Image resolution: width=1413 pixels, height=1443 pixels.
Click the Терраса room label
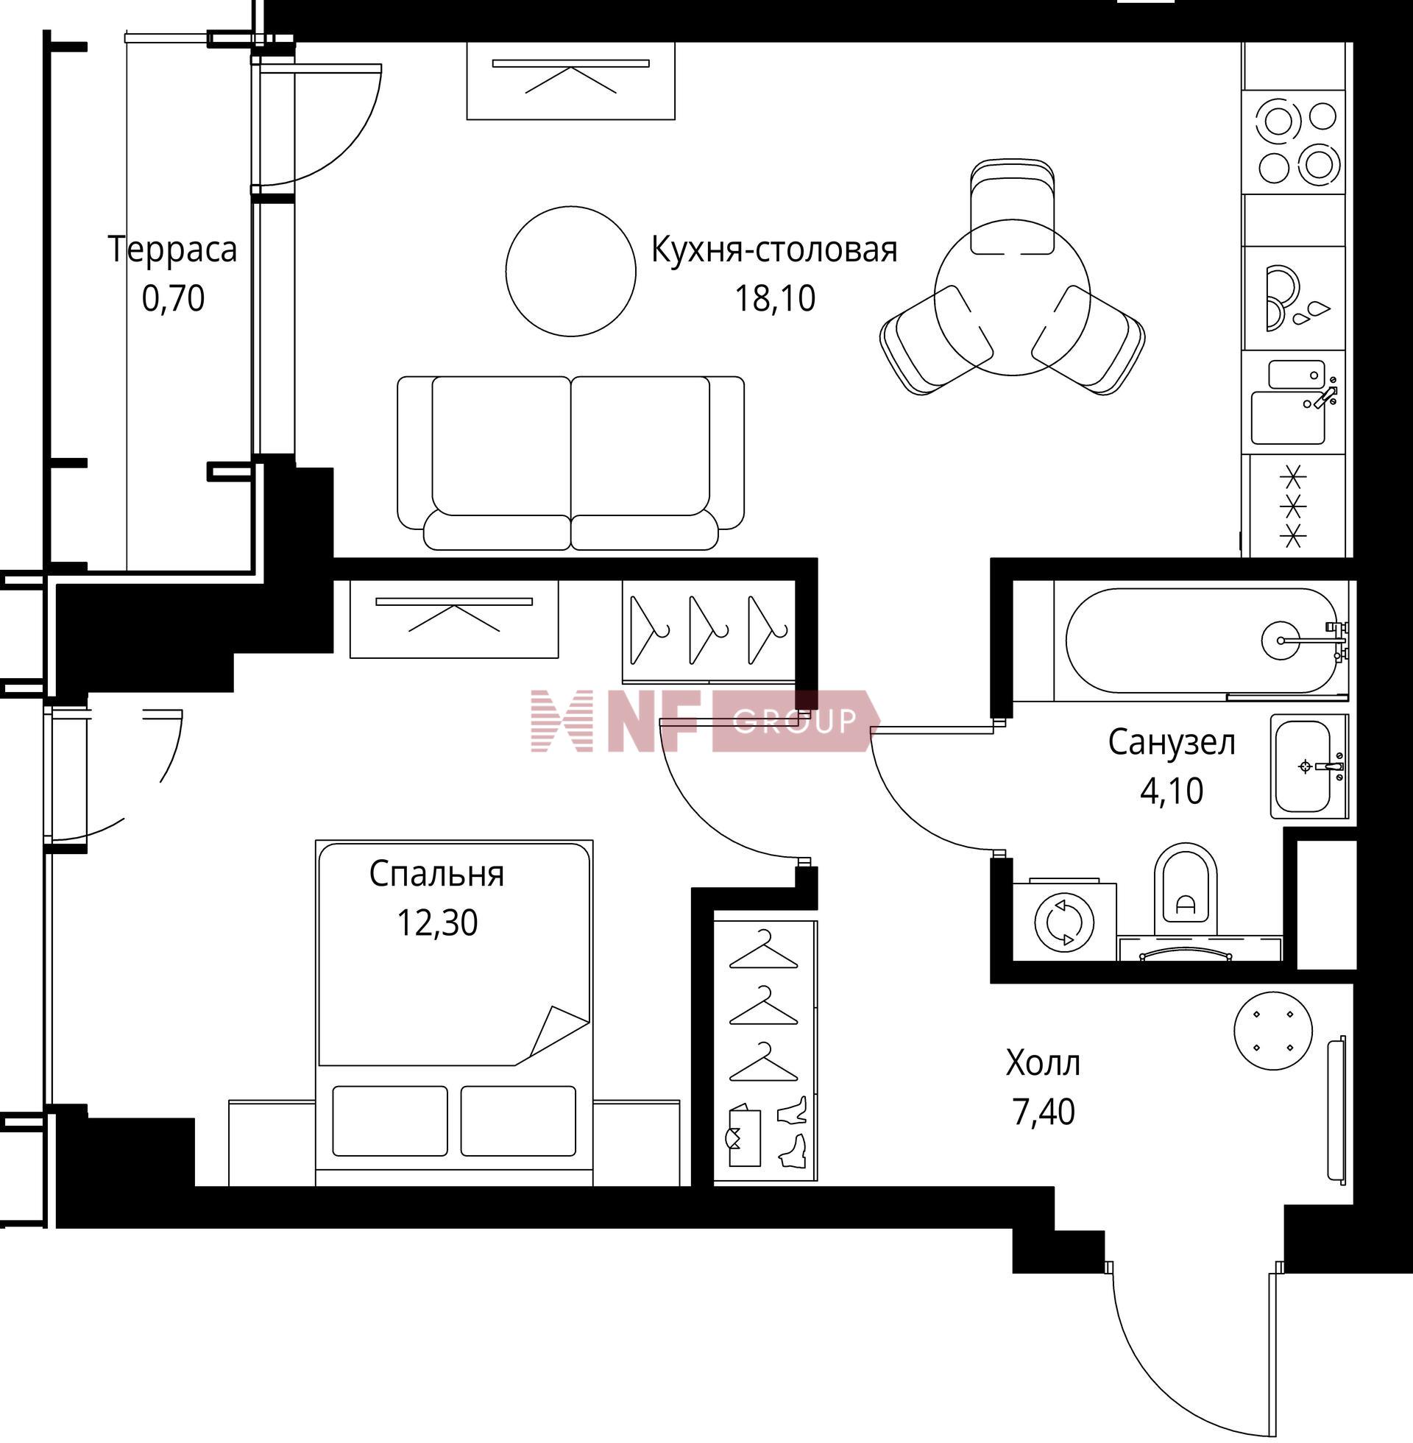[172, 250]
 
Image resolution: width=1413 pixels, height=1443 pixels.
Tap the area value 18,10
[775, 298]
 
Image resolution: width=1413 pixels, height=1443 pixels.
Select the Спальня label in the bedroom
[436, 875]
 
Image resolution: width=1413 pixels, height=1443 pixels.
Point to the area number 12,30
[437, 923]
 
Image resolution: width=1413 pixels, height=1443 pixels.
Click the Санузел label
[1172, 742]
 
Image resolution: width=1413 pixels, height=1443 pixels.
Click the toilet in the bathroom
[1186, 890]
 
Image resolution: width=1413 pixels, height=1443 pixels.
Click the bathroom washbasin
[1309, 766]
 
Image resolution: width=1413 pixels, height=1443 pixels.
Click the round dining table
[1012, 297]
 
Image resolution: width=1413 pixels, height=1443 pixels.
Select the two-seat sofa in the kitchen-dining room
[570, 463]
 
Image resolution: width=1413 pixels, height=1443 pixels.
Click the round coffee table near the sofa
[570, 271]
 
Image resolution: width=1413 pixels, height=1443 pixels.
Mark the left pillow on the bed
[390, 1121]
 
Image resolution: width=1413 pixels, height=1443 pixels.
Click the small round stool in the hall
[1273, 1031]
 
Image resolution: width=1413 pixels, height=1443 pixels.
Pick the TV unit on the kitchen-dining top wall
[570, 80]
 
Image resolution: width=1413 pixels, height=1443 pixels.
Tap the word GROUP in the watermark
[795, 721]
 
